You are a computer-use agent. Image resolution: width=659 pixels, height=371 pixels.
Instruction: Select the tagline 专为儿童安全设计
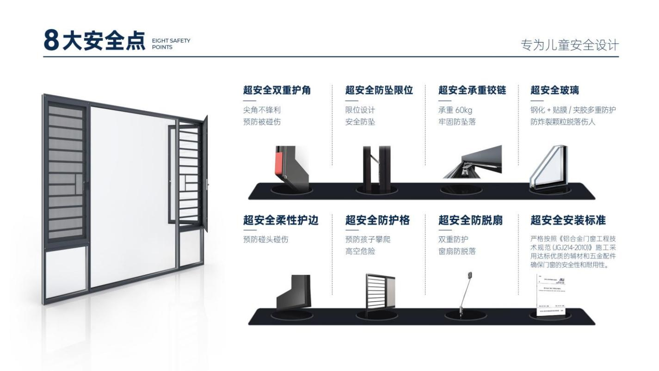[569, 45]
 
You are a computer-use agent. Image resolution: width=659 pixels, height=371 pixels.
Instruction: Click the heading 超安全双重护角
[277, 91]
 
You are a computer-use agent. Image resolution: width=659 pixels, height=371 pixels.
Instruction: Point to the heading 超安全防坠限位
[379, 91]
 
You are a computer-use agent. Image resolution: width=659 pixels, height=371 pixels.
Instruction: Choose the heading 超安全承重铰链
[472, 91]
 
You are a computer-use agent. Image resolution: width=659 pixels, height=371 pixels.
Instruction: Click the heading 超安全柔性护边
[281, 220]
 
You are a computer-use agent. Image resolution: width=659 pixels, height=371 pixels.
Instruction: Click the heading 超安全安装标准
[568, 220]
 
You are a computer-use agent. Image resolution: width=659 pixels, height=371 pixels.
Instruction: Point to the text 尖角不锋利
[262, 110]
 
